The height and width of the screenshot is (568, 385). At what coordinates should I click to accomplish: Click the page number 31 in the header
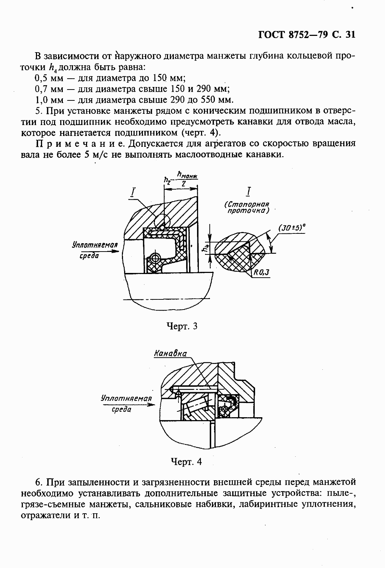(349, 35)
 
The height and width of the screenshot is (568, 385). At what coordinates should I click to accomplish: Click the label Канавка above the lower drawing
(170, 353)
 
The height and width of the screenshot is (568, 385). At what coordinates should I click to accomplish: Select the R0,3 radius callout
(261, 273)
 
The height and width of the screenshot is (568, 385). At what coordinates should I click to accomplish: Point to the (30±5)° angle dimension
(292, 228)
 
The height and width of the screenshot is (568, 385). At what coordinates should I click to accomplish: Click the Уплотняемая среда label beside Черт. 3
(95, 250)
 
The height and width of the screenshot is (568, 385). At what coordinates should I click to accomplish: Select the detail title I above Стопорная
(249, 191)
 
